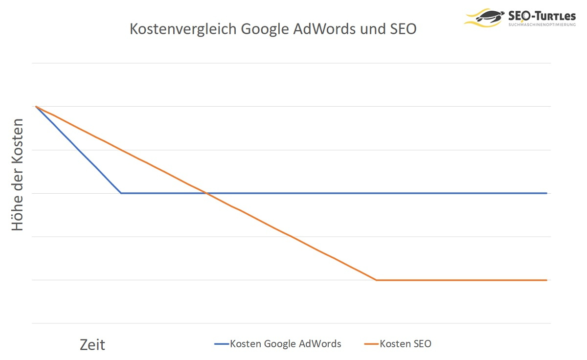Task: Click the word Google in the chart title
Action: click(x=266, y=29)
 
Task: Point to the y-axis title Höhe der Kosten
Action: click(x=18, y=175)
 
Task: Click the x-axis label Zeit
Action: click(x=92, y=345)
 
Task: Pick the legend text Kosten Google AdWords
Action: click(x=286, y=344)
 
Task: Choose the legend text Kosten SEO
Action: click(x=406, y=344)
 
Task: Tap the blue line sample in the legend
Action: click(x=222, y=344)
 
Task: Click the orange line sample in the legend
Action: click(x=371, y=344)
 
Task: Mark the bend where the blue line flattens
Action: click(x=121, y=193)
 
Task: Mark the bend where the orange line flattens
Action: click(x=376, y=280)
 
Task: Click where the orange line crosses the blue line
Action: click(x=206, y=193)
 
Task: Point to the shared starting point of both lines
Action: click(x=36, y=106)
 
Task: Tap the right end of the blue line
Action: click(x=546, y=193)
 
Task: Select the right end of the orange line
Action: click(x=546, y=280)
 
